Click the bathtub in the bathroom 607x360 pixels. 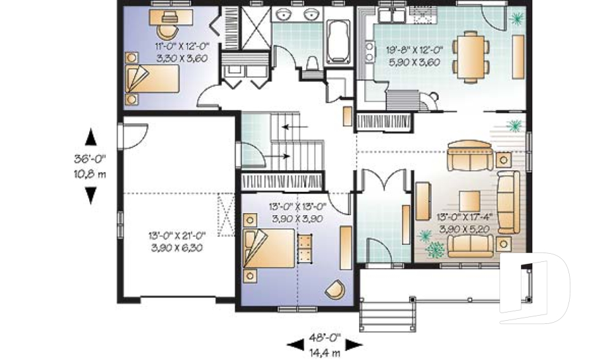[338, 42]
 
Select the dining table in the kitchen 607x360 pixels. [470, 57]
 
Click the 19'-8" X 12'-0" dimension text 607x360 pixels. [414, 51]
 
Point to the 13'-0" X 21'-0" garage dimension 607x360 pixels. [177, 235]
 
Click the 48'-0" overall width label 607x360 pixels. [325, 337]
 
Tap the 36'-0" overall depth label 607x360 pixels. [90, 159]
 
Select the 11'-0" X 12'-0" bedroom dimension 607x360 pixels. [182, 46]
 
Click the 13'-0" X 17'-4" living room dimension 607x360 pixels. [465, 217]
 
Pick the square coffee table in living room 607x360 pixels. [470, 201]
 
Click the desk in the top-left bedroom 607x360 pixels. [171, 17]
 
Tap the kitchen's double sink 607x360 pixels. [392, 16]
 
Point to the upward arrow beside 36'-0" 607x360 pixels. [90, 137]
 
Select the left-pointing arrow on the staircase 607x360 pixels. [295, 127]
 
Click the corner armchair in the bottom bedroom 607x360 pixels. [335, 289]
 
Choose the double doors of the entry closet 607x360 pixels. [384, 180]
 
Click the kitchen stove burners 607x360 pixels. [370, 52]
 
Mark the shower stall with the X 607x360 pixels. [256, 28]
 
